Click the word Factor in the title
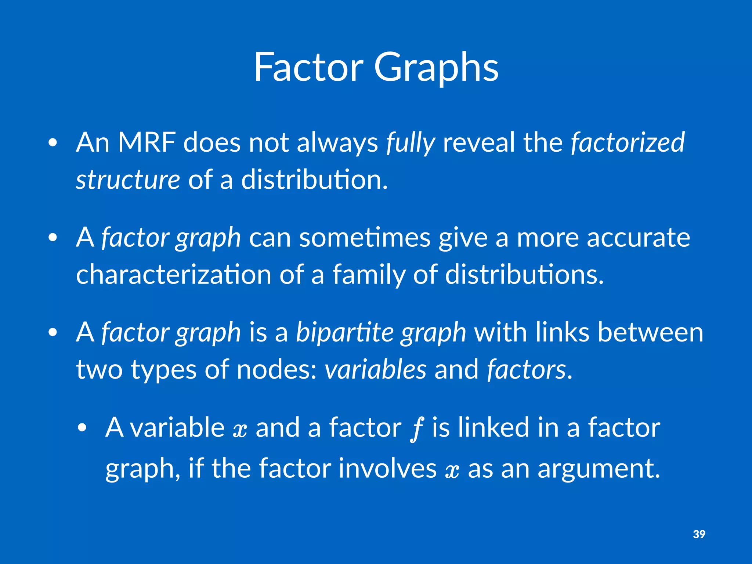click(x=308, y=67)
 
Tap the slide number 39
click(x=699, y=534)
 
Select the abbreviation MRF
click(x=147, y=142)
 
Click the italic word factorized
click(x=628, y=142)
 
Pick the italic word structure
click(x=128, y=180)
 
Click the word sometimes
click(x=365, y=238)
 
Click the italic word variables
click(x=375, y=369)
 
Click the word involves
click(x=387, y=469)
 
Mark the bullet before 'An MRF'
click(x=53, y=143)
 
